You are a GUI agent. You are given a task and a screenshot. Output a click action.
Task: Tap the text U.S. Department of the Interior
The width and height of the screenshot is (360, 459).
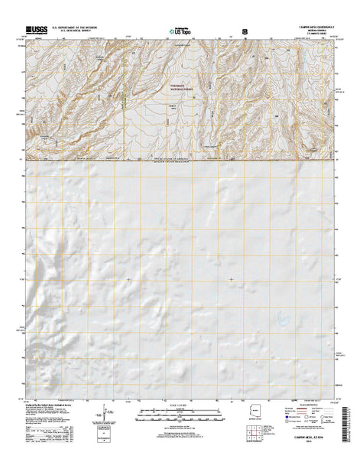pyautogui.click(x=75, y=30)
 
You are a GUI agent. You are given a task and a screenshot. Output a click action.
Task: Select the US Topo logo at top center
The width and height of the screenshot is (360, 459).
pyautogui.click(x=177, y=33)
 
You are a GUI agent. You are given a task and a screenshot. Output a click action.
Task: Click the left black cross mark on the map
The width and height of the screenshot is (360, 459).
pyautogui.click(x=128, y=279)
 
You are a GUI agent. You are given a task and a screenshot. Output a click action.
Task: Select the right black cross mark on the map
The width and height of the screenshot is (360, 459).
pyautogui.click(x=231, y=279)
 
